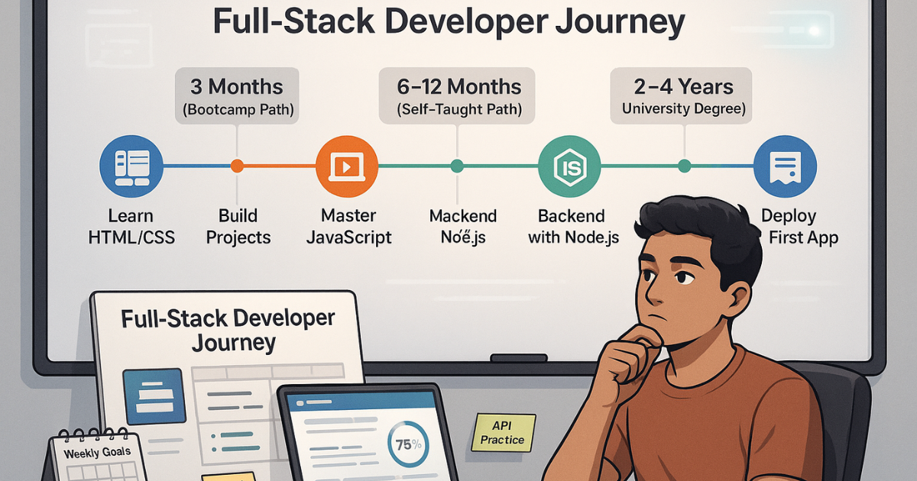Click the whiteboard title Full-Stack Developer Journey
448,23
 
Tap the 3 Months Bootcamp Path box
237,96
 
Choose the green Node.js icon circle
569,166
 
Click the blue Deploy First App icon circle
785,166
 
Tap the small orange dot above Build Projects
237,166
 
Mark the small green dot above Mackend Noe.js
457,166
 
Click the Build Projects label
238,227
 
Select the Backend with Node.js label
573,227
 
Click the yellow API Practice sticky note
503,432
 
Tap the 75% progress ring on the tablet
404,444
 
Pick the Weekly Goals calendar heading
98,451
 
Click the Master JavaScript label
348,227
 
